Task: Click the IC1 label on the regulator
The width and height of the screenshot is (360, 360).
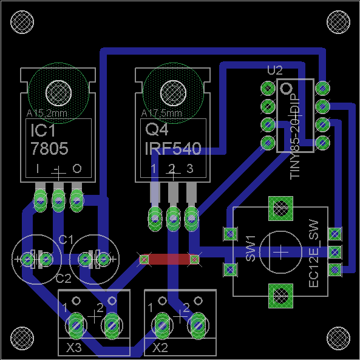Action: coord(42,131)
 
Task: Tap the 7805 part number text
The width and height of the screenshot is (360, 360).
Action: coord(50,149)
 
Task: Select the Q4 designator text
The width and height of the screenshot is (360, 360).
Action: coord(157,130)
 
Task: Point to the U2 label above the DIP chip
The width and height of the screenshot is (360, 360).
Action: coord(274,70)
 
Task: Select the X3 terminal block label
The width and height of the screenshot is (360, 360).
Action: coord(73,348)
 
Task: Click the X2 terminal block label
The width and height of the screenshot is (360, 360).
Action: coord(160,348)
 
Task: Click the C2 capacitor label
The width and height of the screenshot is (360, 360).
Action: coord(63,279)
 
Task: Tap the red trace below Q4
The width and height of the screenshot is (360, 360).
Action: coord(169,259)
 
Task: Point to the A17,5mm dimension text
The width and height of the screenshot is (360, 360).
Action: coord(161,113)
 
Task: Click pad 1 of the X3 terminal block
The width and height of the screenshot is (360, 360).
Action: coord(76,325)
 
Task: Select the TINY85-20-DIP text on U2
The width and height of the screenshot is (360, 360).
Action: coord(295,140)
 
